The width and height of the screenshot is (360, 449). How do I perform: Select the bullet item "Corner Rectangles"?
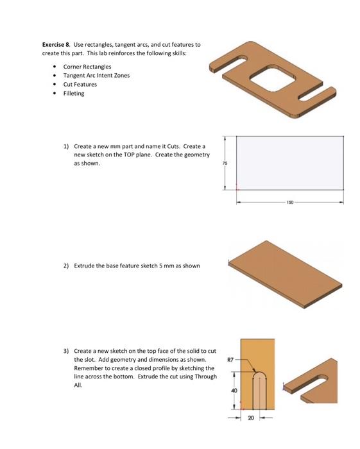[87, 67]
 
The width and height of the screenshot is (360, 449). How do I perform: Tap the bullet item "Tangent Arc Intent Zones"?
[96, 75]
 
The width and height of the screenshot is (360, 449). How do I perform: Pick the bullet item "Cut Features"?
[80, 84]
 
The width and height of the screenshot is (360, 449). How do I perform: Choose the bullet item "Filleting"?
[73, 93]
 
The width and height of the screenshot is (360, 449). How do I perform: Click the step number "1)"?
[66, 146]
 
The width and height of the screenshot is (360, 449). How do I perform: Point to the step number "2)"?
[66, 265]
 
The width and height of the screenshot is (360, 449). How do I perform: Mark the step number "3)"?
[66, 352]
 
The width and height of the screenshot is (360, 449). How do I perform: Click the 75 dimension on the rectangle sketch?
[225, 163]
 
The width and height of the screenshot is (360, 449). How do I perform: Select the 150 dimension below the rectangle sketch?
[290, 201]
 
